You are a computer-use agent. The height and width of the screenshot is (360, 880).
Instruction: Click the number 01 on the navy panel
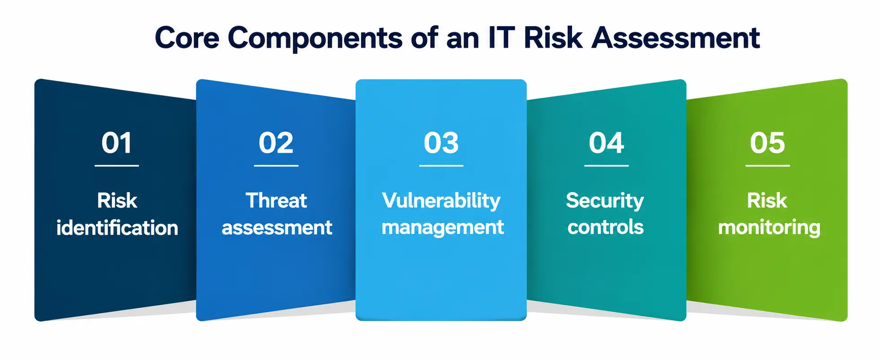[x=117, y=143]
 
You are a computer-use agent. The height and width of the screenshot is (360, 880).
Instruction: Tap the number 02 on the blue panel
[x=276, y=143]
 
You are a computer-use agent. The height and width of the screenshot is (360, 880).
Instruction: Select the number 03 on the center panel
[x=441, y=143]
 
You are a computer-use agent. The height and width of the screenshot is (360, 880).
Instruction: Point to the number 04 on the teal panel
[x=607, y=143]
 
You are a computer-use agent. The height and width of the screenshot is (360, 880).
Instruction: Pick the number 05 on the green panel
[x=768, y=143]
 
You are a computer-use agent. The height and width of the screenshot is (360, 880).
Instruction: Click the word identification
[x=117, y=228]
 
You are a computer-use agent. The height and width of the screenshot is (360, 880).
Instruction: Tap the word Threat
[x=277, y=200]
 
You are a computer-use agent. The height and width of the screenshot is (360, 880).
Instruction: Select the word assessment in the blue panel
[x=277, y=228]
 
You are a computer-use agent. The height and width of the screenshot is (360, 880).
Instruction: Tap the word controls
[x=606, y=227]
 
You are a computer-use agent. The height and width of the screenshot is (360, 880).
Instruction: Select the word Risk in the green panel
[x=767, y=200]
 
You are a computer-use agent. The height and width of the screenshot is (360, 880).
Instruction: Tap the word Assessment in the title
[x=676, y=38]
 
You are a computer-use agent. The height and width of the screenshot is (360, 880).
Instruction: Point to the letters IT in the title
[x=501, y=38]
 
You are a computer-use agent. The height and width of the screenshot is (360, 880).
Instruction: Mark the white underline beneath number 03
[x=441, y=166]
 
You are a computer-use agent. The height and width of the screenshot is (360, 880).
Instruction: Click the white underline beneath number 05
[x=768, y=166]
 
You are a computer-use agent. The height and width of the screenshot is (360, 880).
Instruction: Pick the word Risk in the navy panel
[x=117, y=200]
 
